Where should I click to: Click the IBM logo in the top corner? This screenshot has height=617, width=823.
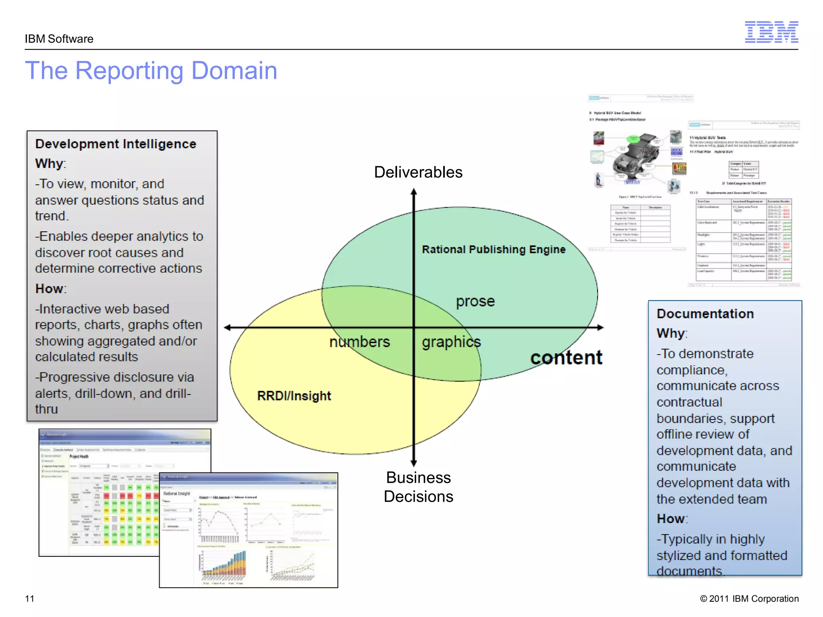[771, 32]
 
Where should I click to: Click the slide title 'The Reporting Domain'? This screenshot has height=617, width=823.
[151, 71]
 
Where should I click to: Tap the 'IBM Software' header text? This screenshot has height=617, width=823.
[59, 39]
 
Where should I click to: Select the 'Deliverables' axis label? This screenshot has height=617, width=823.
[418, 172]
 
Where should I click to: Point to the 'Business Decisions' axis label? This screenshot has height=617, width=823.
[418, 487]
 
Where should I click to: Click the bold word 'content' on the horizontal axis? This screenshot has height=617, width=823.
[566, 358]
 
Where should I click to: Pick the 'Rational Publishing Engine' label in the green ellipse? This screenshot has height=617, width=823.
[493, 249]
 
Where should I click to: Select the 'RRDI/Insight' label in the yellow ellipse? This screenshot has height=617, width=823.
[294, 396]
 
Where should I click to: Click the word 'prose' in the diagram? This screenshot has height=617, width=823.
[475, 301]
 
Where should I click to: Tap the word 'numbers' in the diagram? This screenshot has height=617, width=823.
[360, 342]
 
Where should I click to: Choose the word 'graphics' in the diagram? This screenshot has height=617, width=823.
[451, 342]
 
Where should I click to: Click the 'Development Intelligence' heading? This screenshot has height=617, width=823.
[116, 144]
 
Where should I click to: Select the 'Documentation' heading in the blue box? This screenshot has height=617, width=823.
[705, 314]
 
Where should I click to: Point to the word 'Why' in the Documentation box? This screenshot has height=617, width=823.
[671, 333]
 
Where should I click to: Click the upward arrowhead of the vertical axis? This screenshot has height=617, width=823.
[414, 192]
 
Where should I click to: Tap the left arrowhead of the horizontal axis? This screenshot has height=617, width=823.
[228, 327]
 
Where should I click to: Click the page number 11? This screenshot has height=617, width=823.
[30, 599]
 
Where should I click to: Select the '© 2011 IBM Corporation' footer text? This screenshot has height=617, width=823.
[749, 599]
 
